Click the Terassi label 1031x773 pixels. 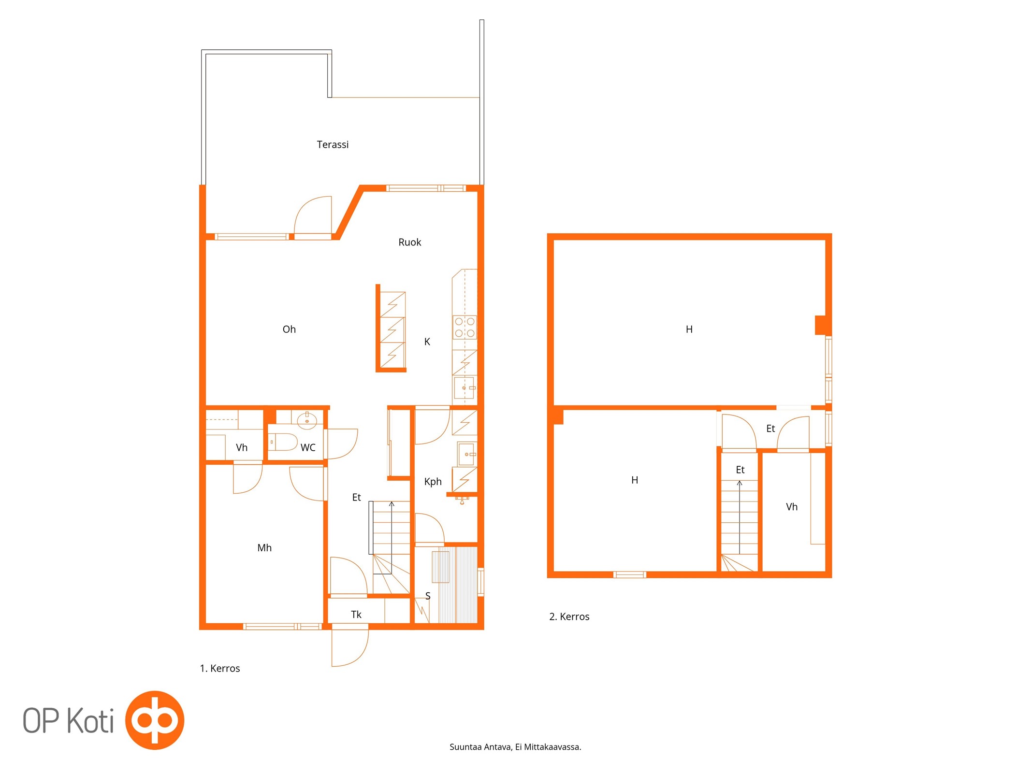(x=333, y=144)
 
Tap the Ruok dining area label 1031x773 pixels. (x=410, y=242)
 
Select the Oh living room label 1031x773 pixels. (x=289, y=329)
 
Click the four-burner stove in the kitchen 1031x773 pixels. (x=465, y=327)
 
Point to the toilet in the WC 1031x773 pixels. (x=283, y=442)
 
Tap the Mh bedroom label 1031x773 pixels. (x=264, y=548)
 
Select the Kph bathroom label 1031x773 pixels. (x=433, y=482)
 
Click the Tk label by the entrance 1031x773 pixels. (x=356, y=615)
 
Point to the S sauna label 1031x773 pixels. (x=428, y=596)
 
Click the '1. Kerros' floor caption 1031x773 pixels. (x=220, y=668)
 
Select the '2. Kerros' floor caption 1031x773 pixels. (x=569, y=616)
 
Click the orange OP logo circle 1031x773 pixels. (x=155, y=720)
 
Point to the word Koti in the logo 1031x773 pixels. (x=90, y=720)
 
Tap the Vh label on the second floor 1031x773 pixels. (x=792, y=507)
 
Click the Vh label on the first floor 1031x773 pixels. (x=242, y=447)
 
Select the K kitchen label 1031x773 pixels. (x=427, y=342)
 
